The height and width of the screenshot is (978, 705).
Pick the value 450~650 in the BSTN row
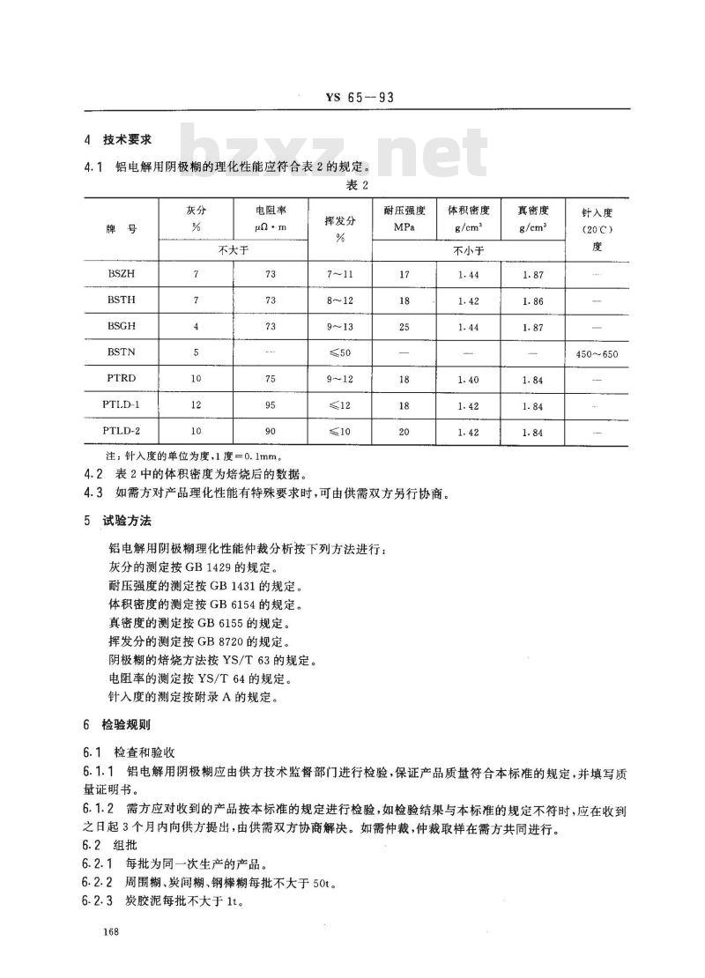[x=597, y=354]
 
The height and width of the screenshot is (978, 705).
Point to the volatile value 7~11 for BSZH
[x=339, y=275]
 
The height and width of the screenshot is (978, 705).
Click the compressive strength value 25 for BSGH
[x=404, y=326]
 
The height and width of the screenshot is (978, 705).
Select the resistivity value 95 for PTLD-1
[x=270, y=406]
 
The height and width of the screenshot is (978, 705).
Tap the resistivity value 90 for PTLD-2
[x=270, y=433]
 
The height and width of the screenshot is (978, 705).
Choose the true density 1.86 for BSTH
[x=533, y=300]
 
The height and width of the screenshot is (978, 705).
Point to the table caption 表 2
[x=356, y=186]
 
